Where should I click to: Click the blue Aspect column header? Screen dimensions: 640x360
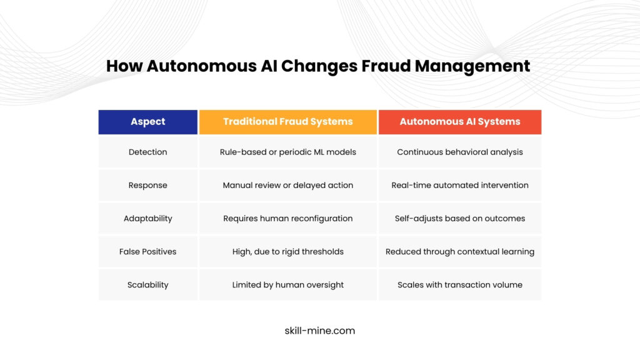(147, 122)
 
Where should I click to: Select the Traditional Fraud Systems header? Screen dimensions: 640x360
(287, 122)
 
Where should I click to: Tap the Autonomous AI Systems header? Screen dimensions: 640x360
(460, 122)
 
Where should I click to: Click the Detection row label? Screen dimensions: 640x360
(147, 152)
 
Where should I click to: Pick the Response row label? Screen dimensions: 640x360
(147, 185)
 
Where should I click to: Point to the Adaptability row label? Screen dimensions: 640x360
(147, 218)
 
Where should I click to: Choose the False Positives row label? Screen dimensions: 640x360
(147, 251)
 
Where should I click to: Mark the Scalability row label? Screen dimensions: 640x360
(147, 285)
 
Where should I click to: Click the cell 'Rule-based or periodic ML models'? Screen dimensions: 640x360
(287, 152)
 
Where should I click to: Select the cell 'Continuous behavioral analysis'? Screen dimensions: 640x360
(460, 152)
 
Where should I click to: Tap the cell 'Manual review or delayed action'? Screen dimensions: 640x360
(287, 185)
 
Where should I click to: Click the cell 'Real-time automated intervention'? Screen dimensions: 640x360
(460, 185)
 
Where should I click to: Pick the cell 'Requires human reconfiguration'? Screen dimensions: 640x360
(287, 218)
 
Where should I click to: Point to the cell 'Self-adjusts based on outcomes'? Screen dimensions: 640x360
(460, 218)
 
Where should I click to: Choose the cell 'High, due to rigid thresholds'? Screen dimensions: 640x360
(287, 251)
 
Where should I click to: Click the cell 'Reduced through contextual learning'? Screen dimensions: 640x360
(460, 251)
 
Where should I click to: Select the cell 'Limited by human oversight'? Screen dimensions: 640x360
(287, 285)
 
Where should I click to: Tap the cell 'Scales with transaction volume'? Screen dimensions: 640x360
(460, 285)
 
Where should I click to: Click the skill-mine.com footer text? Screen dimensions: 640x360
(319, 331)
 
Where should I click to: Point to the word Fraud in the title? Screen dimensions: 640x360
(386, 66)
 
